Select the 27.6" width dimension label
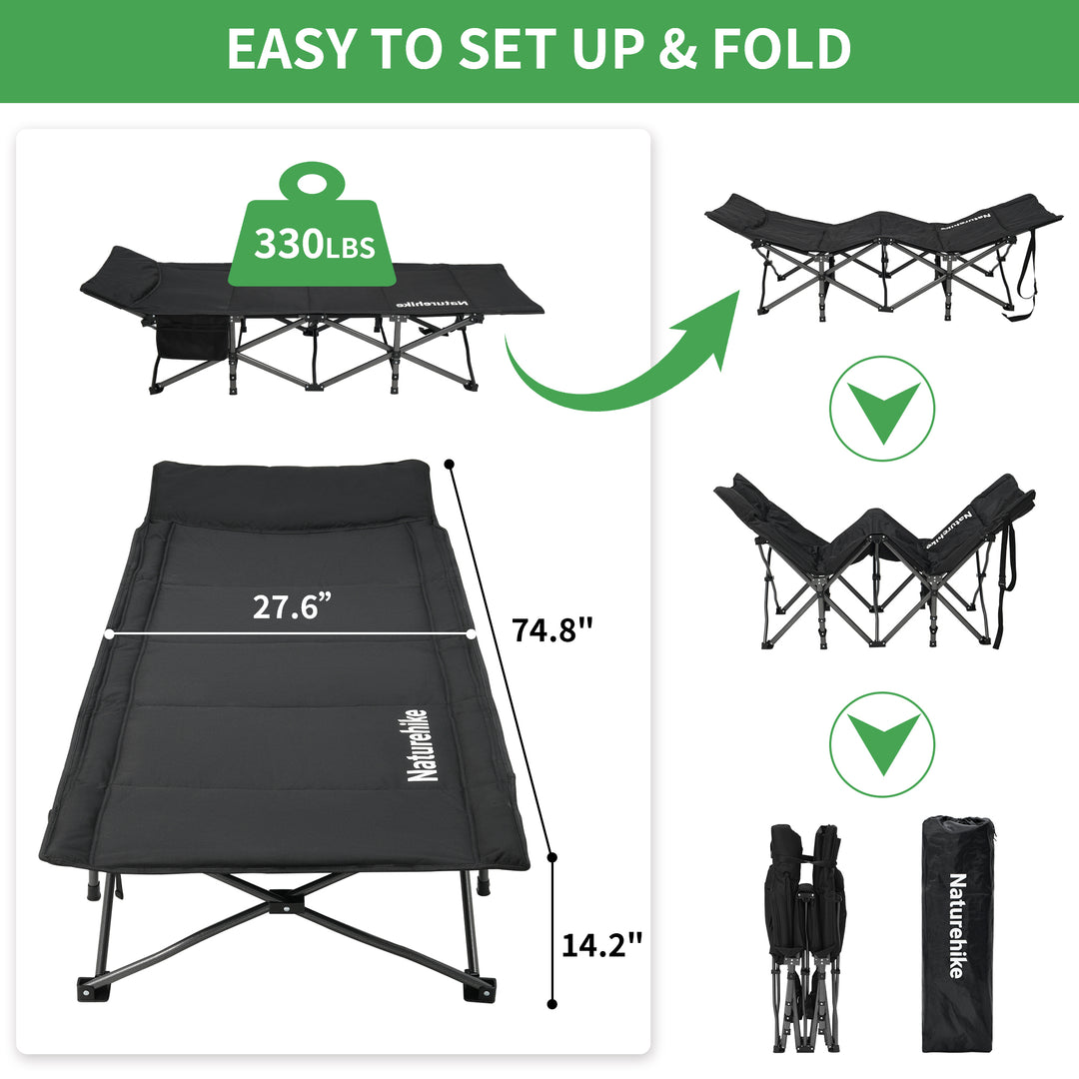coord(291,607)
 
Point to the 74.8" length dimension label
coord(552,630)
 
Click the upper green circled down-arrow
coord(882,409)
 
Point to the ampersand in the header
coord(679,49)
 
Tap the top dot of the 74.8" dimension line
coord(450,464)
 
